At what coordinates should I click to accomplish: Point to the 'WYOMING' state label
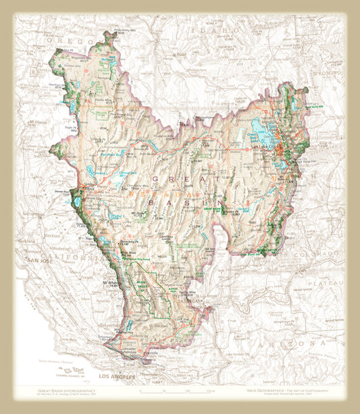327,70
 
